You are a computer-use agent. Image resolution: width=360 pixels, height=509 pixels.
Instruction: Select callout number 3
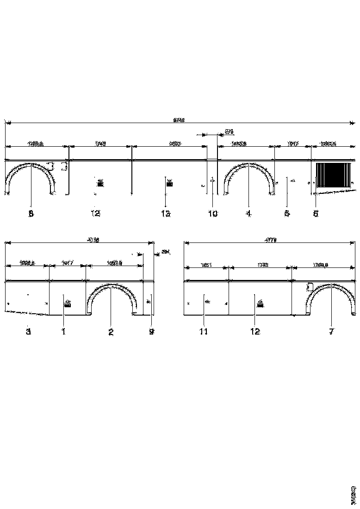[28, 332]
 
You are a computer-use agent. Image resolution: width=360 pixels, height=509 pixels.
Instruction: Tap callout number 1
[64, 332]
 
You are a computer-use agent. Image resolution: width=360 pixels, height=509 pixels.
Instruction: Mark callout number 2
[111, 332]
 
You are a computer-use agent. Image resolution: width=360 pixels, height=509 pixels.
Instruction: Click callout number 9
[151, 332]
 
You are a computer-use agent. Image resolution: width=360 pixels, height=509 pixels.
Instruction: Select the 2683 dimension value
[174, 144]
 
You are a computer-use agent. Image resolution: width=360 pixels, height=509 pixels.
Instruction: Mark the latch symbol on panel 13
[169, 183]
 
